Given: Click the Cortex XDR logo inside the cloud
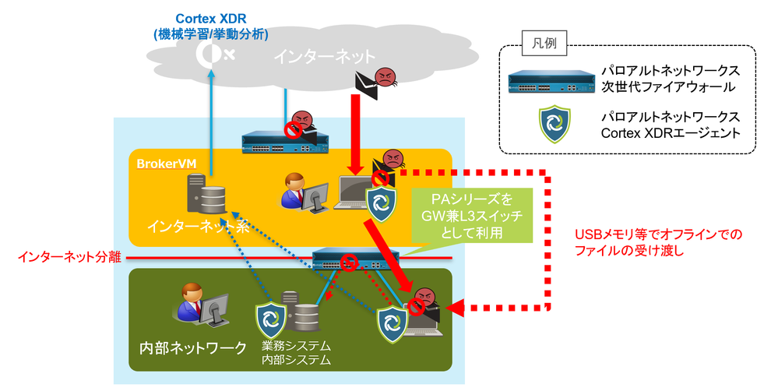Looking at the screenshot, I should [213, 52].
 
